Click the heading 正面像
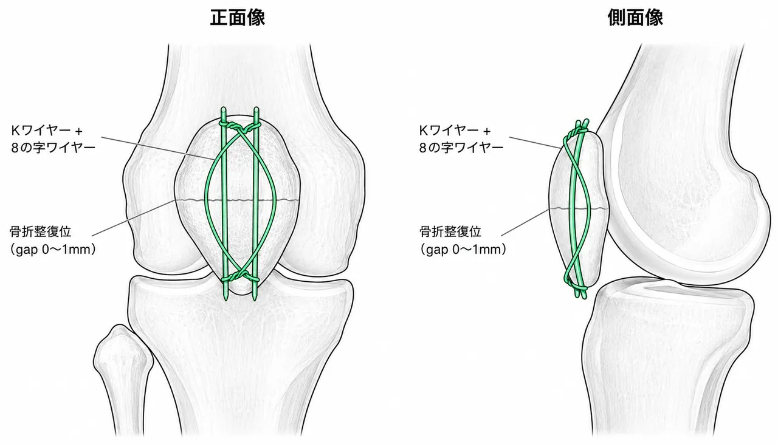238,18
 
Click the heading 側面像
635,18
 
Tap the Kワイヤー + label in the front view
47,131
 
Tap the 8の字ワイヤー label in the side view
461,148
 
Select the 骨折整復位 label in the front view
40,231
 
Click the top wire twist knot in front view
239,128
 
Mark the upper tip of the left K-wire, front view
223,108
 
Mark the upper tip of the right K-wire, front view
256,108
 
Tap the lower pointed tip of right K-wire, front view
255,299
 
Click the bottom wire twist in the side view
577,287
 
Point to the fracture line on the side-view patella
579,208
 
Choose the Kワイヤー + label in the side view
455,131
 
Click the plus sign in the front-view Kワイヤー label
79,132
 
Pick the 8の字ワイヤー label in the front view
53,148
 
